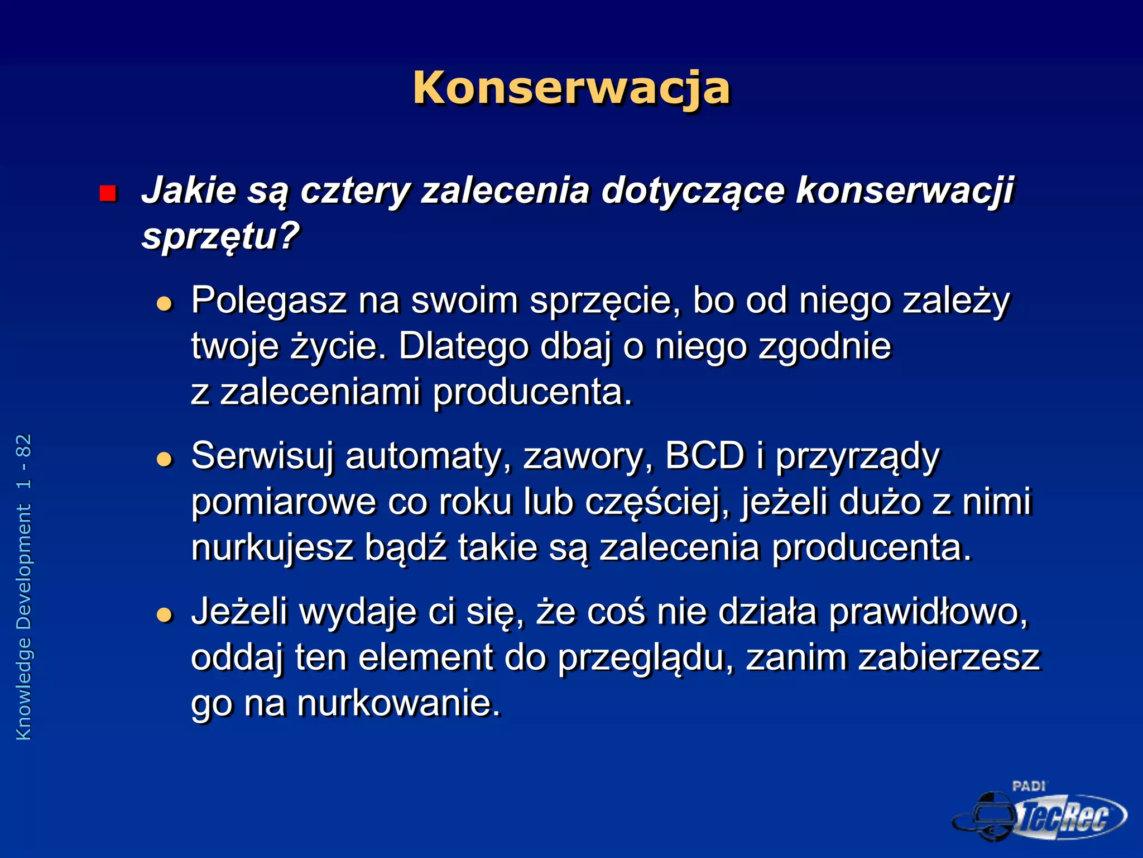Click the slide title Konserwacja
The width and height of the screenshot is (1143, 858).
[571, 88]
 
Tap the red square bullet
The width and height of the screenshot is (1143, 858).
[107, 193]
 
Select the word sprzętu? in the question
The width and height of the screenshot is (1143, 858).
[221, 237]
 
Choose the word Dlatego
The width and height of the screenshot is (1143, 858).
[463, 346]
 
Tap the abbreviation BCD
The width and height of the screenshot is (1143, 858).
[705, 456]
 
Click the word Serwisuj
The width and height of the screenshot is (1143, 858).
[262, 456]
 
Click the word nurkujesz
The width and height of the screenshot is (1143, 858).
[272, 547]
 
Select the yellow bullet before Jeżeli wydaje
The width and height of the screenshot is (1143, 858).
[164, 615]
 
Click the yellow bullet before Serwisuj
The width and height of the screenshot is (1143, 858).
[164, 460]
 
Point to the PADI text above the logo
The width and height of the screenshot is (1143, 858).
[1029, 786]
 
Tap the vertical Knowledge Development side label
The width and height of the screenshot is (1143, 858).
[24, 587]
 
